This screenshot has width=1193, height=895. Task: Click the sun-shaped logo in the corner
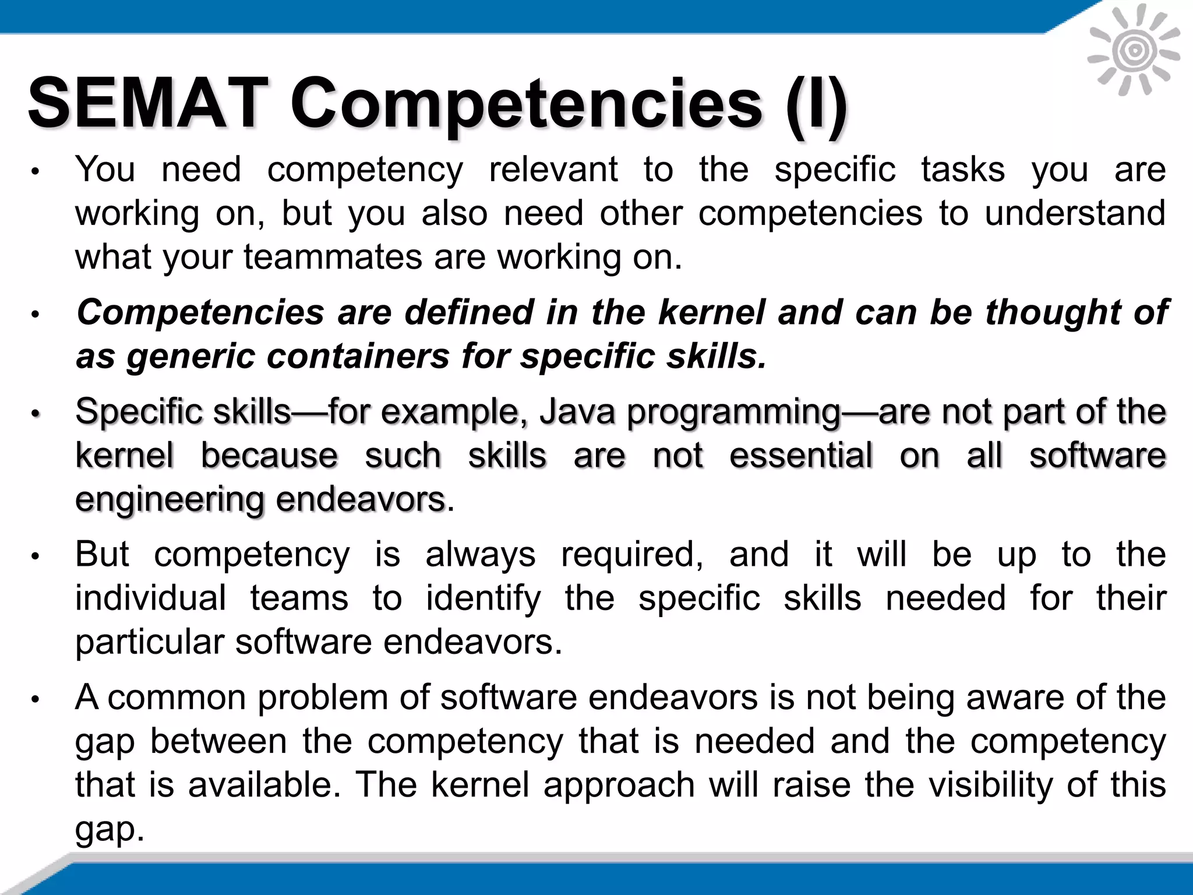pyautogui.click(x=1134, y=51)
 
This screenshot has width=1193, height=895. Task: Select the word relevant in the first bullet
pyautogui.click(x=553, y=170)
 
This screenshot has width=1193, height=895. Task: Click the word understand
pyautogui.click(x=1075, y=213)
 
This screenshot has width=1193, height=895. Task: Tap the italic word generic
pyautogui.click(x=190, y=357)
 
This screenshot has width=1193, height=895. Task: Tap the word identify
pyautogui.click(x=483, y=599)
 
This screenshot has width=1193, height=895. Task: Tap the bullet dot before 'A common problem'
pyautogui.click(x=35, y=699)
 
